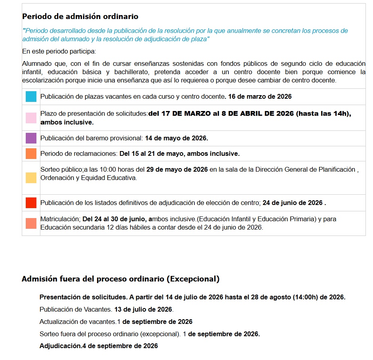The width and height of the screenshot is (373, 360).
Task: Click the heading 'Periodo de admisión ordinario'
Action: click(x=80, y=17)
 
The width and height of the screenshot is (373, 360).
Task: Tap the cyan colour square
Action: click(x=31, y=97)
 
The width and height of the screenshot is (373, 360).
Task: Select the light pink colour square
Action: click(x=31, y=118)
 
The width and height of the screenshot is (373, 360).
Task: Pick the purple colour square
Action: click(x=31, y=138)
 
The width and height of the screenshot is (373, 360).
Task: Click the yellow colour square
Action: click(x=31, y=178)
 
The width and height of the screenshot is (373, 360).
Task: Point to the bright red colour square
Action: click(x=31, y=203)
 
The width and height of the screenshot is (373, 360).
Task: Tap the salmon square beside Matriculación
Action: click(x=31, y=224)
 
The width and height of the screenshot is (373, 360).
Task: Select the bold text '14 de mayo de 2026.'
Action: click(x=176, y=138)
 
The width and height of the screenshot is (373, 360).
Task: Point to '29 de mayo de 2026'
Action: click(x=177, y=170)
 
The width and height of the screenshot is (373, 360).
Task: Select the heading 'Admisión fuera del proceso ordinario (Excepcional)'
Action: click(x=120, y=279)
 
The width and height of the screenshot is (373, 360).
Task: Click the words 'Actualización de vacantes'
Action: click(x=78, y=322)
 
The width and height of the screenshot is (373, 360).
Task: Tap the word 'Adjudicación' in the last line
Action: click(x=60, y=346)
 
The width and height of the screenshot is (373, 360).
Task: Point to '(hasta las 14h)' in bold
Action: click(x=323, y=113)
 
